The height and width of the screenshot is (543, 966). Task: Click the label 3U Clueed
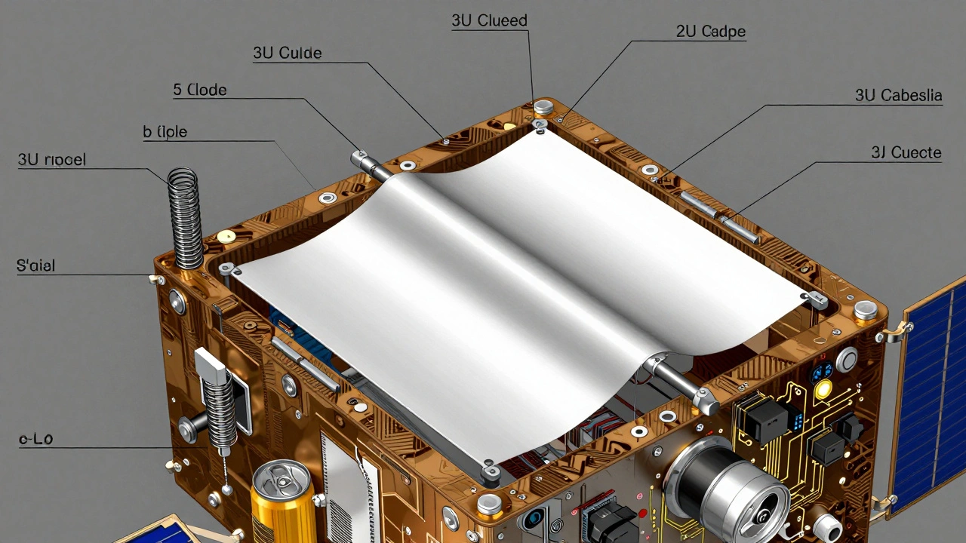pos(489,20)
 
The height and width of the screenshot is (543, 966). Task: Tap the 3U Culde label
pos(287,53)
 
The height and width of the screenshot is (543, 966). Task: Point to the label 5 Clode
pos(199,90)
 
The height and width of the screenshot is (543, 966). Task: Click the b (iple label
pos(165,131)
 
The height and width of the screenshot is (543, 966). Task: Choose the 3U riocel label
pos(51,159)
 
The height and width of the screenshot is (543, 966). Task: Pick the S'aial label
pos(35,265)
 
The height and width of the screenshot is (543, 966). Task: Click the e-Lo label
pos(36,438)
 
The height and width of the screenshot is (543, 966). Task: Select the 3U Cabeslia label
pos(898,95)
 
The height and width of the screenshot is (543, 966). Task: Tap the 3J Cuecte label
pos(906,152)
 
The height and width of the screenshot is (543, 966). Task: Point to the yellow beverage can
pos(281,502)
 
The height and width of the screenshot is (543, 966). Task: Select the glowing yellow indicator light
pos(823,389)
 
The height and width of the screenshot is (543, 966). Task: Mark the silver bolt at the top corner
pos(543,106)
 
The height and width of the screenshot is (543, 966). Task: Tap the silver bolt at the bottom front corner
pos(490,503)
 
